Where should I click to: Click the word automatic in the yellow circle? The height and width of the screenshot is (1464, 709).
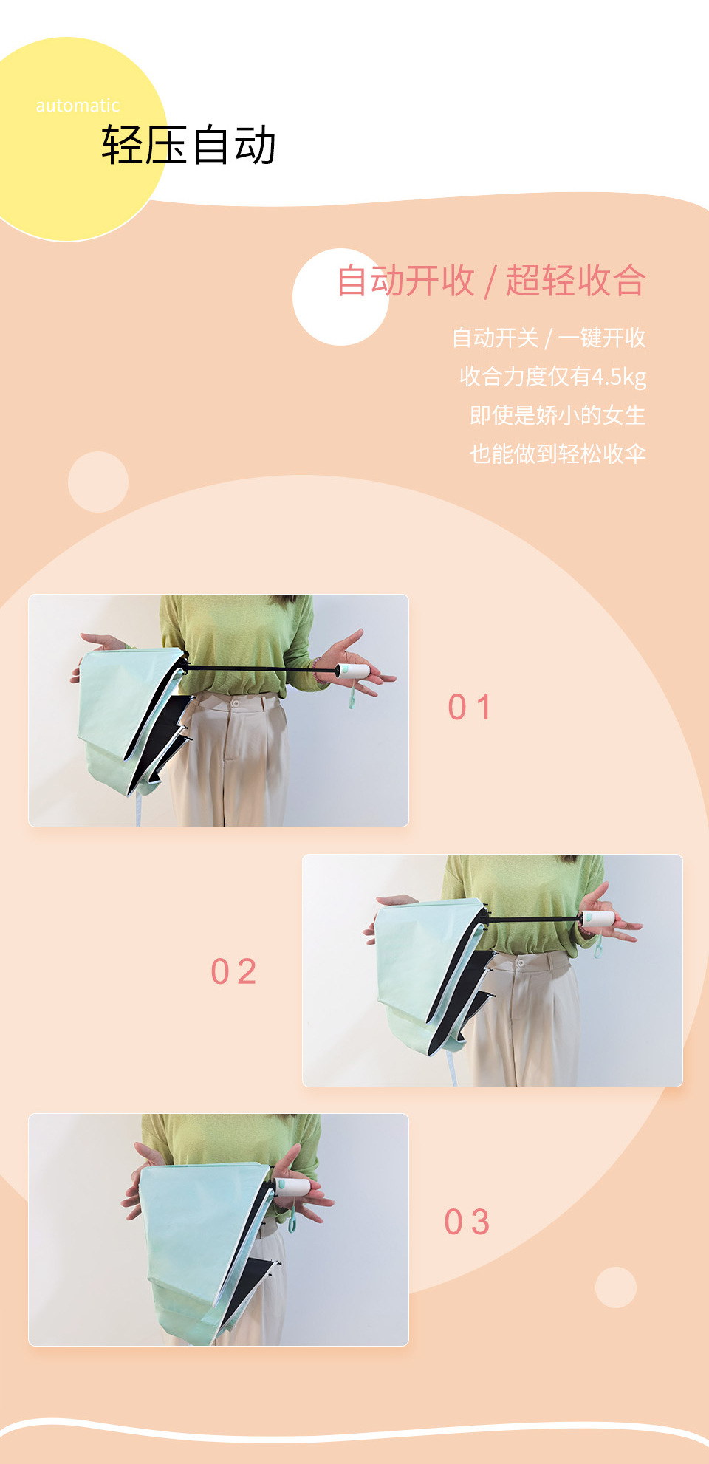click(78, 106)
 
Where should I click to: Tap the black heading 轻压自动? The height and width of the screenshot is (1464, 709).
click(189, 145)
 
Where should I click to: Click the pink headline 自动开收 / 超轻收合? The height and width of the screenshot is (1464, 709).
click(491, 281)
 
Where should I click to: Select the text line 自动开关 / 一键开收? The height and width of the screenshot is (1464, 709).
click(549, 338)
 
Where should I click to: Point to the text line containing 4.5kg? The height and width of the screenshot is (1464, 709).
click(552, 377)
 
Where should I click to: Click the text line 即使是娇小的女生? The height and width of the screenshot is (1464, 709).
click(558, 415)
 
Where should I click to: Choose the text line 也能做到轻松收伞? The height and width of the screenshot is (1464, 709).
click(558, 454)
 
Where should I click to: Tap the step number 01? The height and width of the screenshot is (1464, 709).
click(470, 707)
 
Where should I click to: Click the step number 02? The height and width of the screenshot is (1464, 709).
click(233, 971)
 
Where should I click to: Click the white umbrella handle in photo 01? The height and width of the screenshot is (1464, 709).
click(352, 671)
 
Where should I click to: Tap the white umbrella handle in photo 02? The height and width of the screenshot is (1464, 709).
click(598, 919)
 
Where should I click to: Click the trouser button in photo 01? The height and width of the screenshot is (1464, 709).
click(236, 703)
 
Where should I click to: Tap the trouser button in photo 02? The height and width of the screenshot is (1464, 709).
click(521, 963)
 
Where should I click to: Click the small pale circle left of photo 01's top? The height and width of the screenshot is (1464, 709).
click(98, 482)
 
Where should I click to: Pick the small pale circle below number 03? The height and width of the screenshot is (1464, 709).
click(616, 1287)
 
